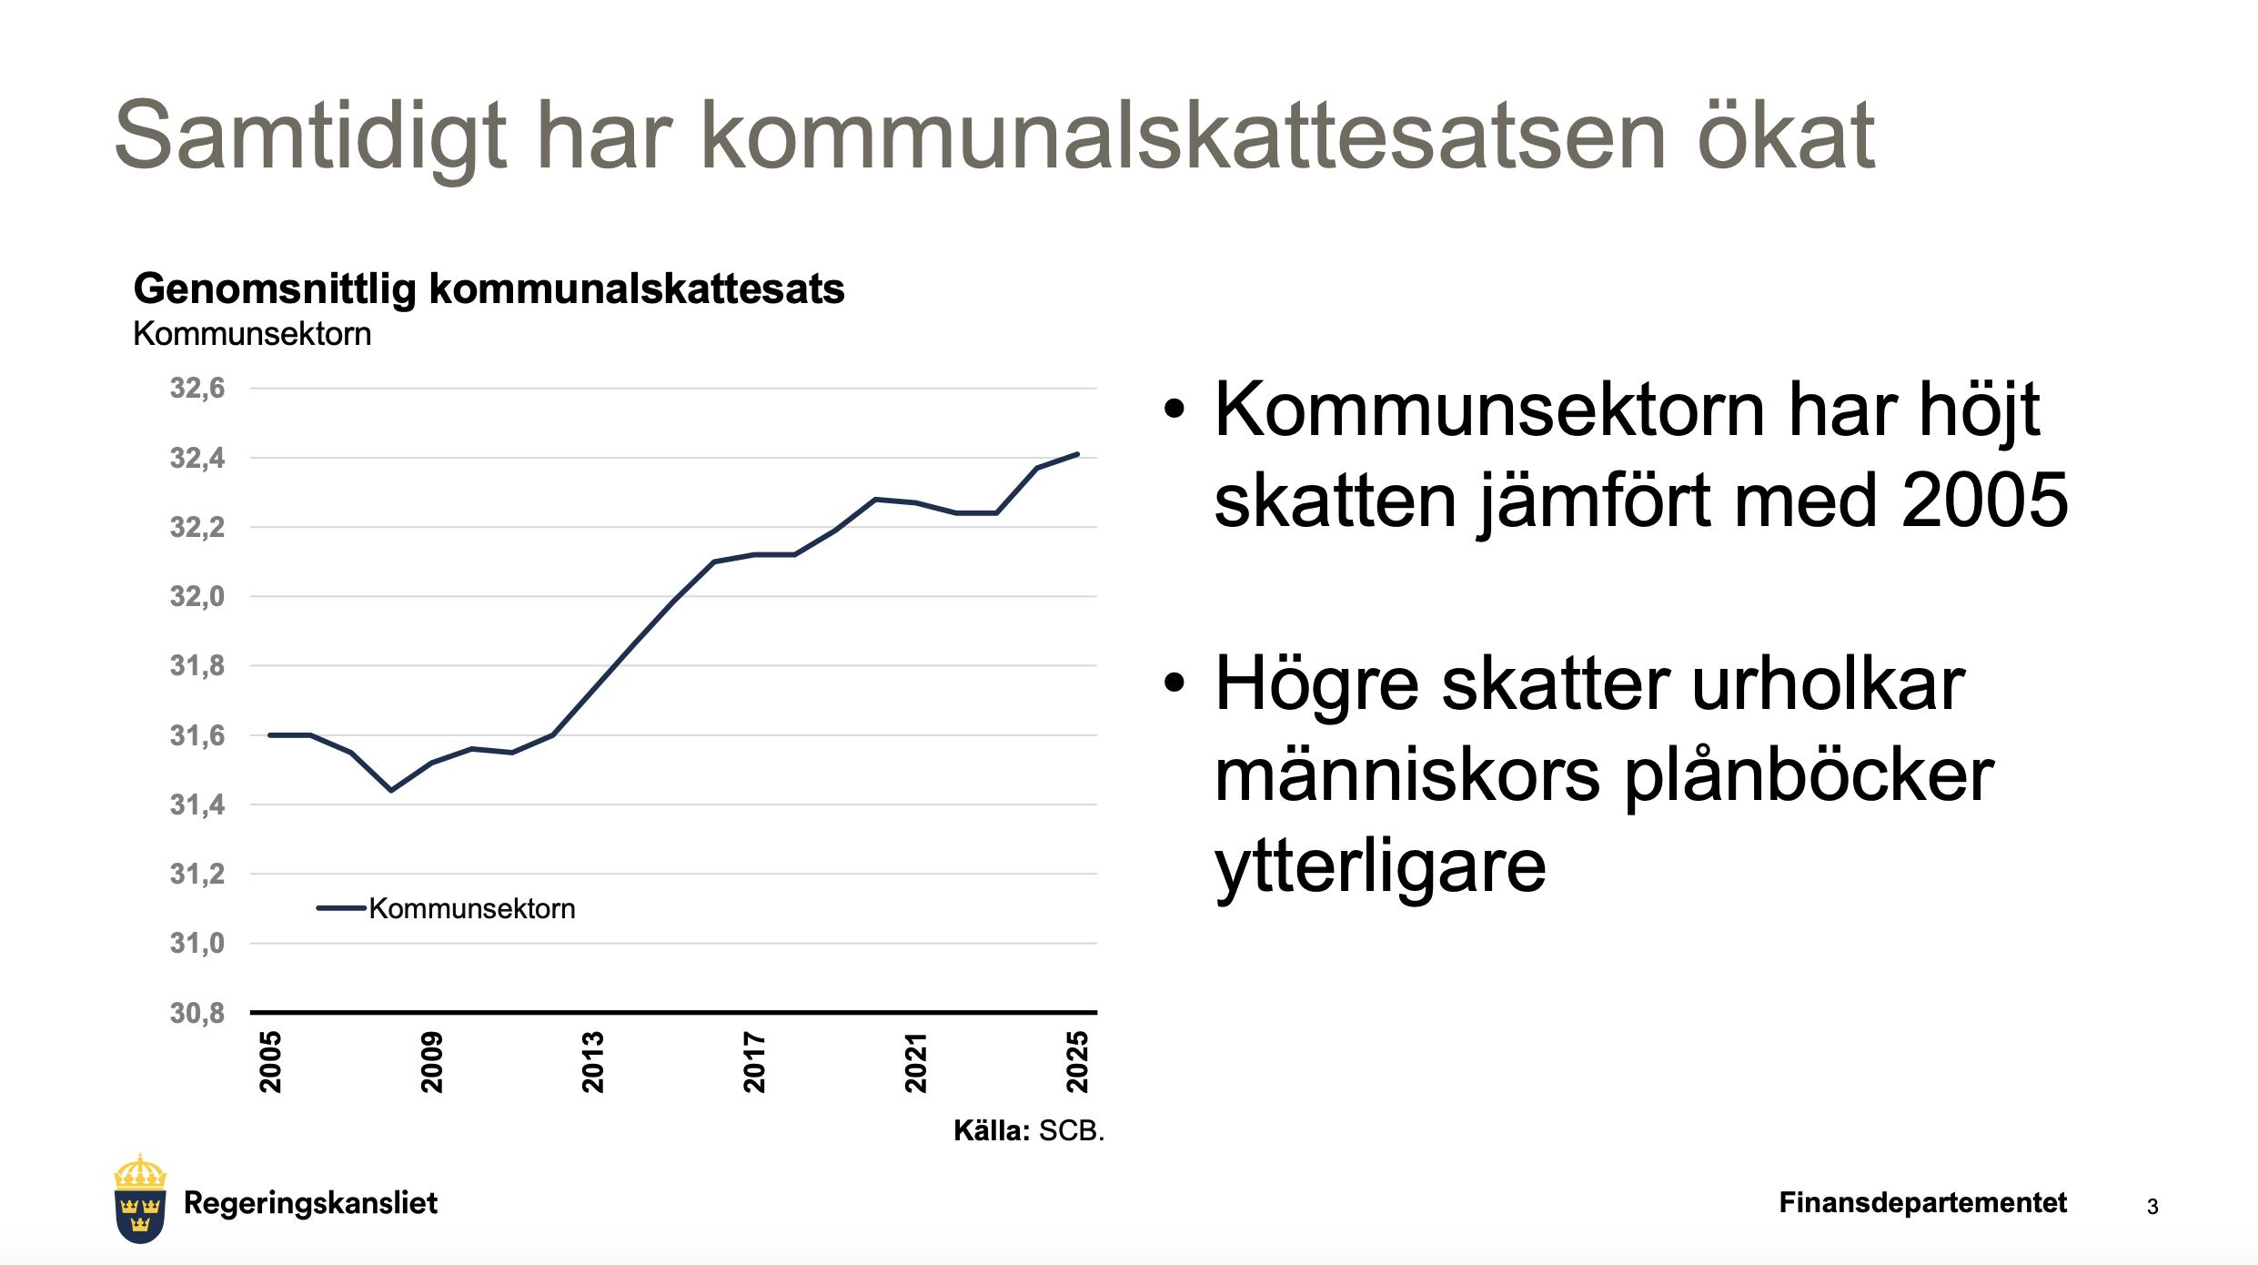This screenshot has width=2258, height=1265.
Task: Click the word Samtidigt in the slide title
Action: point(310,137)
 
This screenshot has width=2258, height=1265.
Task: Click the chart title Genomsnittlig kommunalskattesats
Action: point(489,289)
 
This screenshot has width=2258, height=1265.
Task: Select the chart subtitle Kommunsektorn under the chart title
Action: point(252,334)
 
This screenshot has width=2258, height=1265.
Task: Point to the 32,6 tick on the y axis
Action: point(197,389)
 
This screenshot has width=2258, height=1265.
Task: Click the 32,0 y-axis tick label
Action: point(197,597)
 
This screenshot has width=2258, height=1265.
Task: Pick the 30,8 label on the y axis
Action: point(197,1013)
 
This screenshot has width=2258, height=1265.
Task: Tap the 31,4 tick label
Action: point(197,805)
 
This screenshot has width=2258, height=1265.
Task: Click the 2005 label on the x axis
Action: point(270,1062)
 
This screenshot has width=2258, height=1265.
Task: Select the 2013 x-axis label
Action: point(593,1062)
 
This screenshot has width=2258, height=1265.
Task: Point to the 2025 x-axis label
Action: point(1077,1062)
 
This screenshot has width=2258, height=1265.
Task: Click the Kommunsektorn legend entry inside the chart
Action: point(446,908)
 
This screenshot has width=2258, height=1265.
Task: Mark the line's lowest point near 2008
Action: point(391,790)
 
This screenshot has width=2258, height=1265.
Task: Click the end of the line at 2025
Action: point(1077,454)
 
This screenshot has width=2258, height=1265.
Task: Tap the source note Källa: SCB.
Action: point(1029,1130)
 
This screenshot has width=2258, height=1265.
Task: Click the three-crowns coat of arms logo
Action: point(140,1199)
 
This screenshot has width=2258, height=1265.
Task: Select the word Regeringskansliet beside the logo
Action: point(310,1203)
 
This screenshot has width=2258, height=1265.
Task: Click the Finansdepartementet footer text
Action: point(1923,1202)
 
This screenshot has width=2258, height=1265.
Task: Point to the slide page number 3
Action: point(2152,1207)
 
